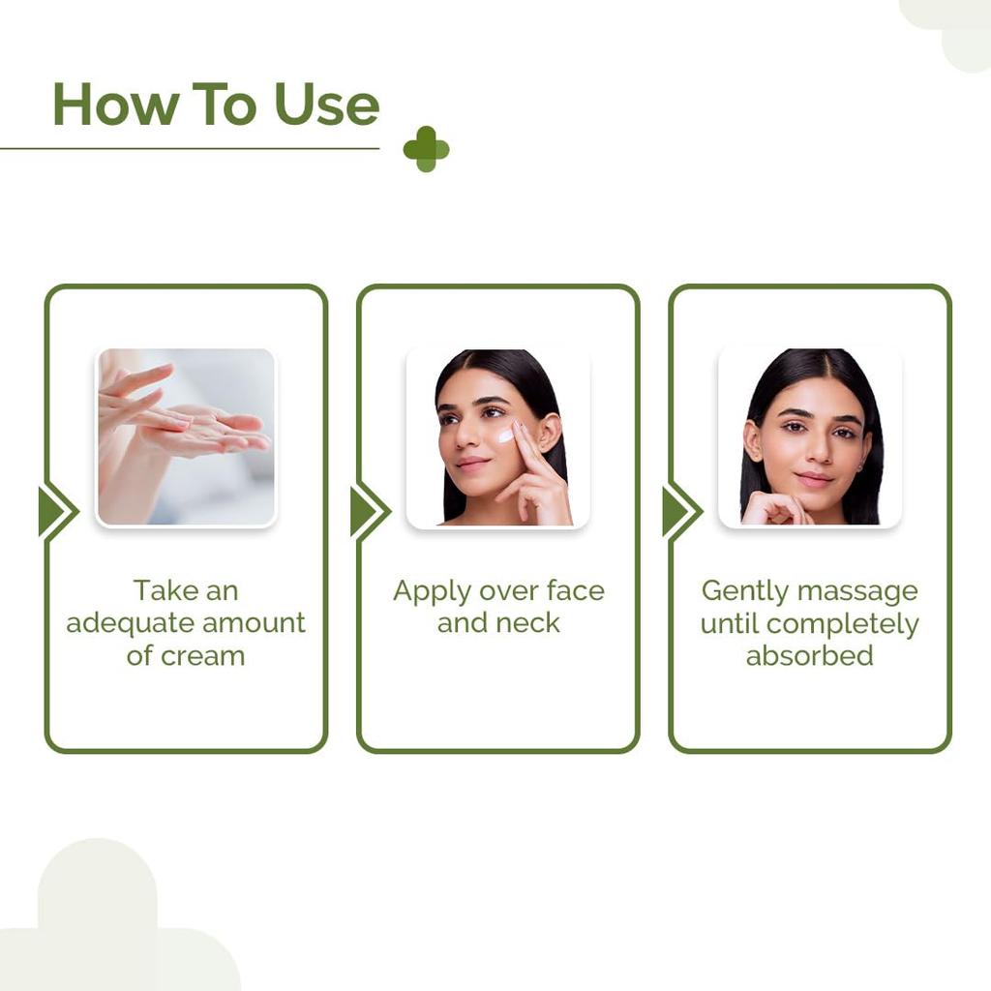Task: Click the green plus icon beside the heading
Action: (x=426, y=149)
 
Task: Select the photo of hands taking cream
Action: (x=186, y=436)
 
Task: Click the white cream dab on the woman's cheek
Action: (x=505, y=435)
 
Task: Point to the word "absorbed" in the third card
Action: (x=809, y=655)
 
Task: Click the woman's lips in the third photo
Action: (x=813, y=478)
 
